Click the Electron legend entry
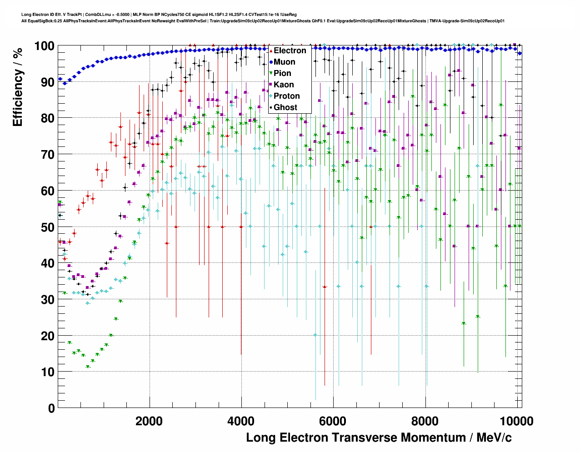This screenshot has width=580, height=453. pos(290,50)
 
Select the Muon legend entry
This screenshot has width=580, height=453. pos(284,62)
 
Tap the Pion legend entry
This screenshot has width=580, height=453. pos(282,73)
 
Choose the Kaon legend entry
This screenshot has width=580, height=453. pos(283,85)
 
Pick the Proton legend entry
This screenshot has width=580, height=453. pos(286,96)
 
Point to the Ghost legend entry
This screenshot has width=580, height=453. pos(285,107)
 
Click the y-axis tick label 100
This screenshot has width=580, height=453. pos(44,46)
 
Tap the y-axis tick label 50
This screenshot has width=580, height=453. pos(48,227)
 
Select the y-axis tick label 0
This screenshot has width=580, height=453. pos(51,408)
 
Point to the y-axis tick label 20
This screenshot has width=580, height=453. pos(48,336)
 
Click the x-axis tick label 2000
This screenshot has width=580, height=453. pos(149,421)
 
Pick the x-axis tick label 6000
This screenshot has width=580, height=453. pos(333,421)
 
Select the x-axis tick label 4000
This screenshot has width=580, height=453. pos(241,421)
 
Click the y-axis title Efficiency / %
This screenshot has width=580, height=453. pos(17,86)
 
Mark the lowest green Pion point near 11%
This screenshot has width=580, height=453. pos(88,367)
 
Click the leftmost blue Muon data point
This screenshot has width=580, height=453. pos(60,79)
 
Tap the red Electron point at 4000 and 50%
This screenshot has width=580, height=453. pos(241,227)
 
